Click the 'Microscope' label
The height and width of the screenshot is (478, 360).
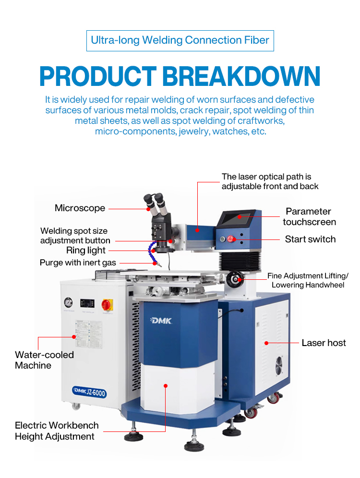pyautogui.click(x=80, y=208)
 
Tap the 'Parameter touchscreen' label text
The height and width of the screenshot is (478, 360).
pyautogui.click(x=309, y=216)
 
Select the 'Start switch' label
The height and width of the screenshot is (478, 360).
pyautogui.click(x=310, y=239)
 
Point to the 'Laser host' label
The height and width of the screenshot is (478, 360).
pyautogui.click(x=324, y=343)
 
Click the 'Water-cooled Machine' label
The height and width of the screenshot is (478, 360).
pyautogui.click(x=44, y=360)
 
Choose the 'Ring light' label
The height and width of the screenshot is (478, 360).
pyautogui.click(x=86, y=251)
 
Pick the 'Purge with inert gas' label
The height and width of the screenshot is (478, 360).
pyautogui.click(x=77, y=263)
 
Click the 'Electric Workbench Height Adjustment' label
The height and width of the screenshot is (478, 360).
pyautogui.click(x=57, y=430)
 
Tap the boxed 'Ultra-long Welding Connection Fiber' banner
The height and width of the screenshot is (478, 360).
pyautogui.click(x=180, y=40)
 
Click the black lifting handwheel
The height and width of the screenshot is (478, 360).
pyautogui.click(x=235, y=278)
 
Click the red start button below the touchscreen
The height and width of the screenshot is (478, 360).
pyautogui.click(x=231, y=239)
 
